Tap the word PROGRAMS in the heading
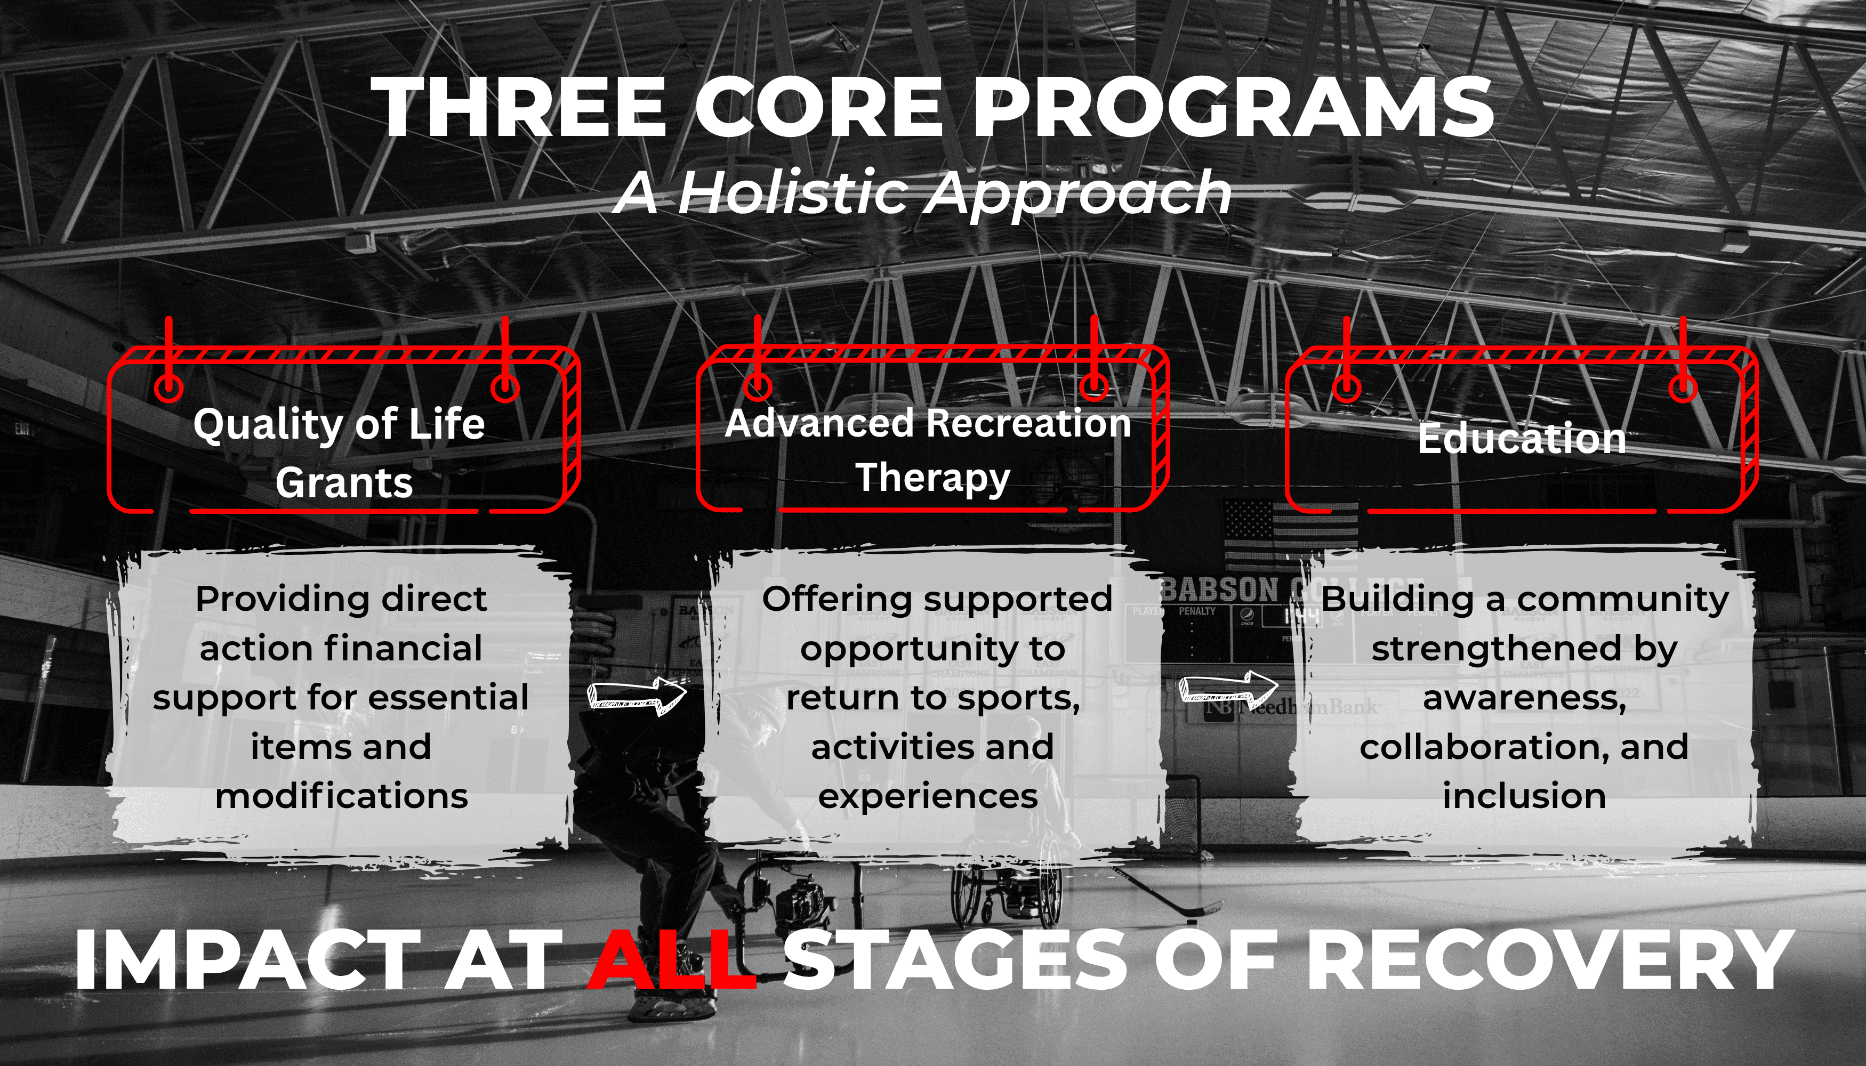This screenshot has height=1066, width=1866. [1233, 107]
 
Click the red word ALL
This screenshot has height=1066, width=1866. [672, 959]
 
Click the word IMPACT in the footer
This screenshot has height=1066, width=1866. [247, 959]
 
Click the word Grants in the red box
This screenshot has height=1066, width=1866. [344, 483]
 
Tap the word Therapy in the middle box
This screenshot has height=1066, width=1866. [933, 478]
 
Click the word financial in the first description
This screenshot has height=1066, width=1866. [402, 649]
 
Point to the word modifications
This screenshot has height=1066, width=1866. [341, 796]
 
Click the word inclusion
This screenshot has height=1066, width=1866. [1524, 796]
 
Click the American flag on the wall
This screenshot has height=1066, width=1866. [1290, 533]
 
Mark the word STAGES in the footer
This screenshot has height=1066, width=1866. [956, 959]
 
